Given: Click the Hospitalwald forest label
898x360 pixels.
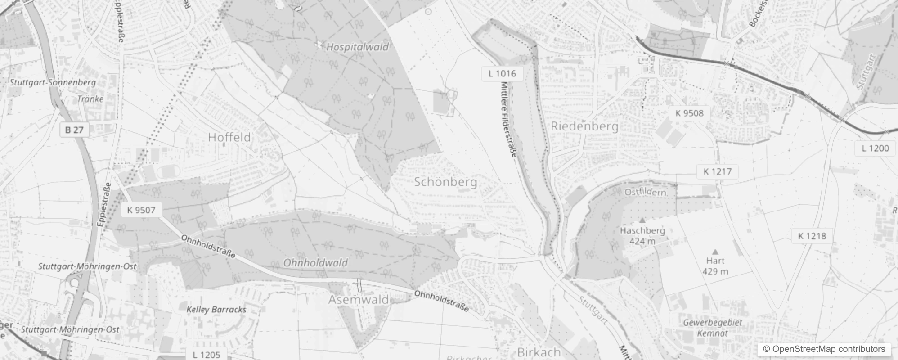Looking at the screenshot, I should (357, 47).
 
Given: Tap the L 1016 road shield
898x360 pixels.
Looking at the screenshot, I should (502, 73).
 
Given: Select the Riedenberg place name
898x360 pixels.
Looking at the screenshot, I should (584, 126).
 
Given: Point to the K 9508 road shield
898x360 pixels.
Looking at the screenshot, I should (689, 113).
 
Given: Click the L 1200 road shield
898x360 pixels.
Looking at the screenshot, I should (875, 148).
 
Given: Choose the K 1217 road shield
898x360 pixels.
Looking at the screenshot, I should (717, 171).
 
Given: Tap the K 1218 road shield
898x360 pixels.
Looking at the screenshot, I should (812, 236).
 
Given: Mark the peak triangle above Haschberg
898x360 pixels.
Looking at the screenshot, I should (642, 220).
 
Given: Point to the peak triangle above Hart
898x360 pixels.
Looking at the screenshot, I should (715, 252).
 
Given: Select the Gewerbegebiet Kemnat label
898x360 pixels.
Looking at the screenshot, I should (712, 328).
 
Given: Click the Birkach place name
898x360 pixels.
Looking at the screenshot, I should (539, 352).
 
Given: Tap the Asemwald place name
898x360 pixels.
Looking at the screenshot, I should (358, 300).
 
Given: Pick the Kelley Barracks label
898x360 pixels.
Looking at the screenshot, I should (216, 309).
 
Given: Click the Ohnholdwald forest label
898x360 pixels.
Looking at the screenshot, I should (315, 262).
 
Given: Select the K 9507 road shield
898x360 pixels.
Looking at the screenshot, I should (141, 210).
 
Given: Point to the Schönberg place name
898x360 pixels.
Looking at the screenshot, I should (445, 182).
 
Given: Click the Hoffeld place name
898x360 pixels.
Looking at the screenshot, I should (229, 137).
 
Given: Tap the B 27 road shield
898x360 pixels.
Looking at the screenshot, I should (74, 130).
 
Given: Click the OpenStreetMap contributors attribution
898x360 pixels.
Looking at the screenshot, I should (824, 349).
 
